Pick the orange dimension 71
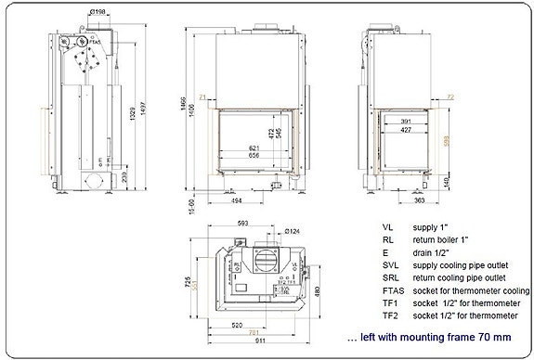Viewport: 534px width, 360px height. point(203,96)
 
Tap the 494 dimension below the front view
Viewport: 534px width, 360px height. point(236,199)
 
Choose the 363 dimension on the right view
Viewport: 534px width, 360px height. point(393,199)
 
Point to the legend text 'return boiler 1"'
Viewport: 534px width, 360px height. point(440,238)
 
